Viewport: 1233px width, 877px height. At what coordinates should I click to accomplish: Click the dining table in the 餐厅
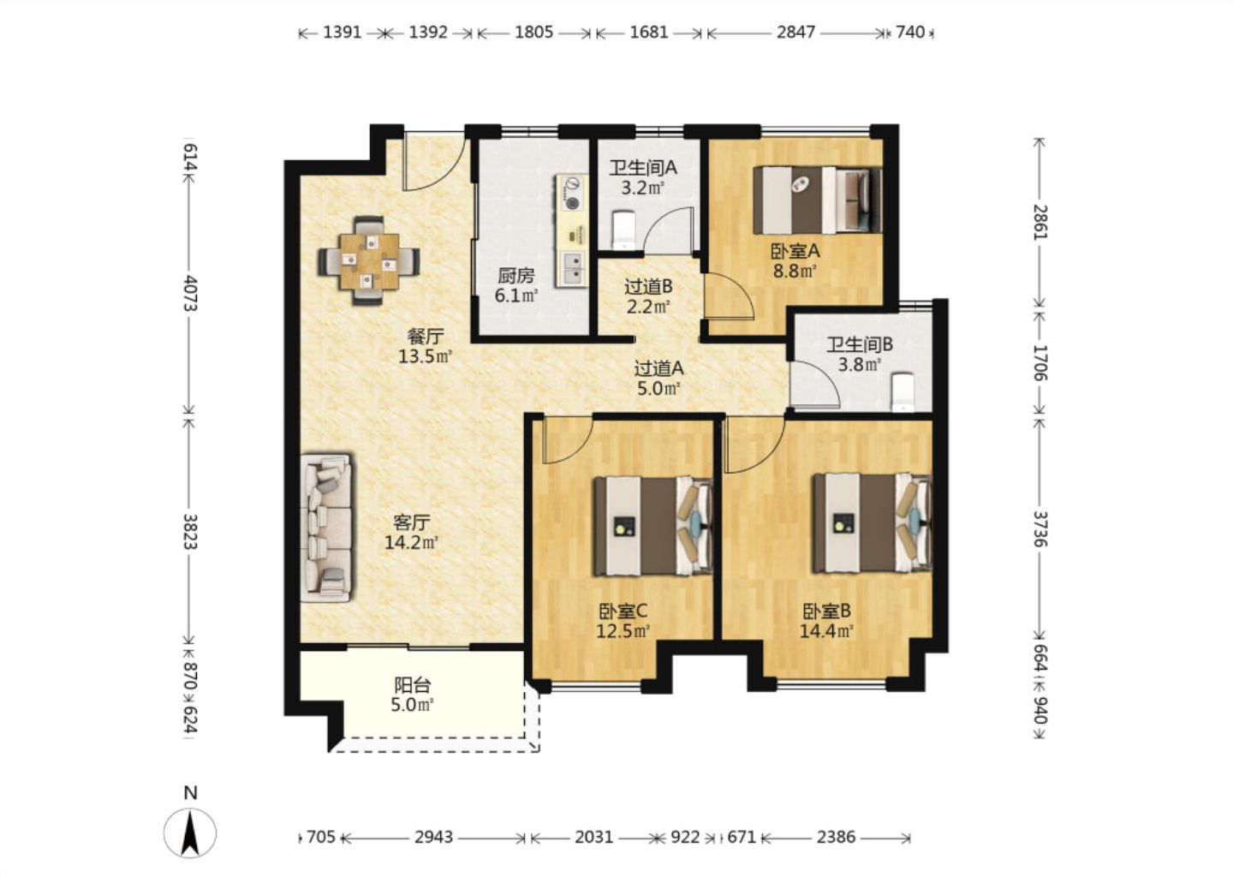369,261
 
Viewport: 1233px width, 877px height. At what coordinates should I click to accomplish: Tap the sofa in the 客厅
326,528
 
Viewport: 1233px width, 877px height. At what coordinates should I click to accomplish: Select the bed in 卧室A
818,200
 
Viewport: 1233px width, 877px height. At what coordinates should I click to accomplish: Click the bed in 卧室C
652,527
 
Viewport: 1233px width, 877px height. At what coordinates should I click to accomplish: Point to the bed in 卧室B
873,523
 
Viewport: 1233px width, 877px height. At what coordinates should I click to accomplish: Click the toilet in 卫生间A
623,230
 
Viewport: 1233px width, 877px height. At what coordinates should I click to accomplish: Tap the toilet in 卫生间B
902,392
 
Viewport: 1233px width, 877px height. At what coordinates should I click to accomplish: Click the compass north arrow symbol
190,833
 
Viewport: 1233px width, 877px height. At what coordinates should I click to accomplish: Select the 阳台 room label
413,686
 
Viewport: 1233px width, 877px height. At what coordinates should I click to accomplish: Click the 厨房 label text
515,275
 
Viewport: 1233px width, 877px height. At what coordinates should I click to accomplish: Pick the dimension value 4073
190,294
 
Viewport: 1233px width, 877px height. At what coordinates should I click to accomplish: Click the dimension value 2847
795,33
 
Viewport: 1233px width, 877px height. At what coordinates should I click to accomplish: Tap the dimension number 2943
434,838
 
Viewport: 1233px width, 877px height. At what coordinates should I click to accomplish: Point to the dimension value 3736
1039,529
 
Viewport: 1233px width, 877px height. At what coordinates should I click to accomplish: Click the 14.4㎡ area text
826,631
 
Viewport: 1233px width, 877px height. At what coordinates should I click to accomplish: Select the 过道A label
659,367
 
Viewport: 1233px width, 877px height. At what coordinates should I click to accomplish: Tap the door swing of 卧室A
730,295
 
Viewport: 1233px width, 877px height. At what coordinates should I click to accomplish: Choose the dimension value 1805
533,33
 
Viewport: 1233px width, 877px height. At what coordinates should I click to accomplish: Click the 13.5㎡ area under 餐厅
425,357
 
